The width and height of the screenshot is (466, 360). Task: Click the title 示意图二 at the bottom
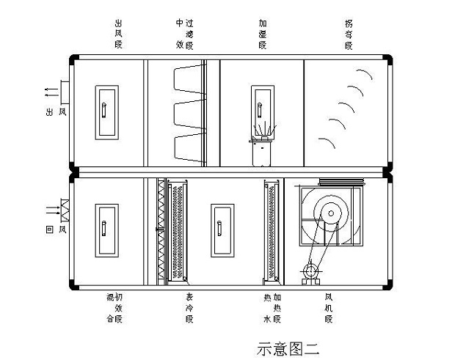[288, 348]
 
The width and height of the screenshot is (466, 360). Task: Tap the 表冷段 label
[189, 309]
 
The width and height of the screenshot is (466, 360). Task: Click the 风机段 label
[329, 309]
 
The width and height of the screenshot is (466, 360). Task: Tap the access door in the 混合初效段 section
[106, 230]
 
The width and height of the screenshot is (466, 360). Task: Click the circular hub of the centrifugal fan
[331, 213]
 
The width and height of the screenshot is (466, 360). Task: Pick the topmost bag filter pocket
[186, 79]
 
